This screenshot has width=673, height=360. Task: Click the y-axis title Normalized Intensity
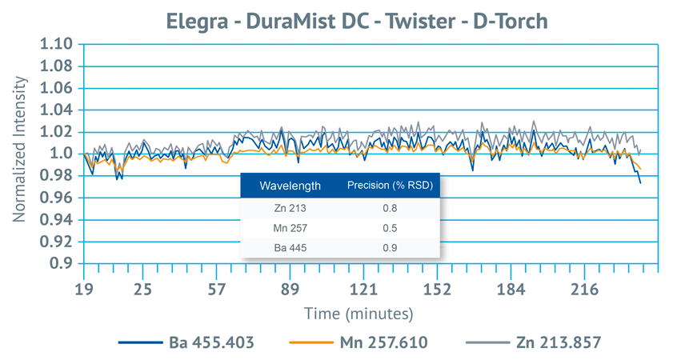click(x=18, y=154)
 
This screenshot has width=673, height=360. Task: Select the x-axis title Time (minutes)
click(x=358, y=311)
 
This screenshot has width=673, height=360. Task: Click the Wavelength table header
click(x=290, y=186)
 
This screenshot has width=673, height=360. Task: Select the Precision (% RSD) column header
click(x=389, y=186)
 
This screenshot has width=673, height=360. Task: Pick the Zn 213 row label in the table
click(x=290, y=210)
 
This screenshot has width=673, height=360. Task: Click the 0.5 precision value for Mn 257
click(x=390, y=229)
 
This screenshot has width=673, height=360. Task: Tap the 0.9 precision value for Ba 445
click(x=390, y=248)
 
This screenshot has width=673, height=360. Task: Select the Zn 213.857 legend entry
click(x=556, y=342)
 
